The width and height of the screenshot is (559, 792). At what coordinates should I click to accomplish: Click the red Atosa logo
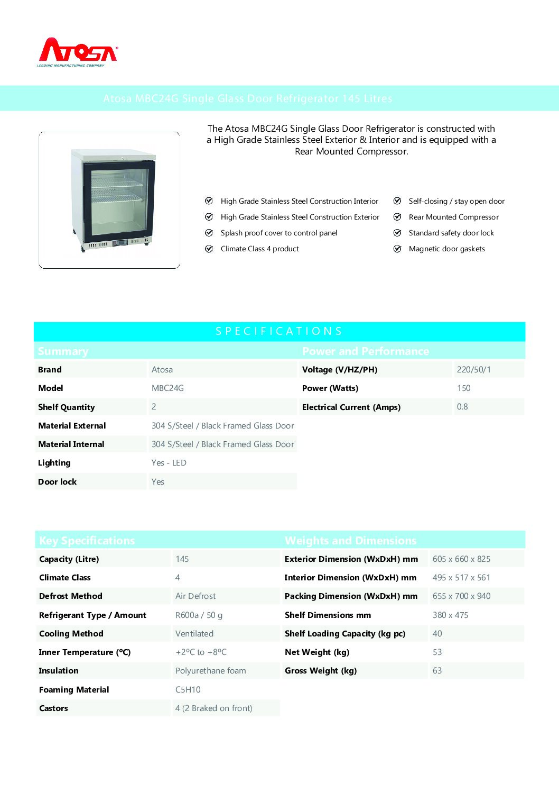coord(78,51)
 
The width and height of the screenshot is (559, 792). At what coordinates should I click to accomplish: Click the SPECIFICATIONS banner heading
coord(279,331)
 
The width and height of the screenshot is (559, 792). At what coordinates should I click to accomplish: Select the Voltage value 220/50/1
coord(473,370)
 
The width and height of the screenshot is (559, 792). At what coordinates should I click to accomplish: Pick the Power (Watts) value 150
coord(463,388)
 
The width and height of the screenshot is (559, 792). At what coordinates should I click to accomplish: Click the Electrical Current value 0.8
coord(462,407)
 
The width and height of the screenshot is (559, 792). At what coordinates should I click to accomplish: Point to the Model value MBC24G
coord(167,388)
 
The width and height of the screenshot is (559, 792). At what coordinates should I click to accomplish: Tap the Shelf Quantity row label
coord(67,407)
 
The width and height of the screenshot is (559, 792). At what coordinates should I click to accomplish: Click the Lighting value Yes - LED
coord(169,463)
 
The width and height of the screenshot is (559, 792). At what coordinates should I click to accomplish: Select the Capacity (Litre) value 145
coord(182,559)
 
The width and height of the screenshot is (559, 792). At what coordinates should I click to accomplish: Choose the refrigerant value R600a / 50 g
coord(199,615)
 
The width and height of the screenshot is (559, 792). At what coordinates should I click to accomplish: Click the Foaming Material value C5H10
coord(188,690)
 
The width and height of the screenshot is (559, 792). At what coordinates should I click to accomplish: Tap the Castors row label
coord(53,708)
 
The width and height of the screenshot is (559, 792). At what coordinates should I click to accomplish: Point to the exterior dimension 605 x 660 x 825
coord(461,559)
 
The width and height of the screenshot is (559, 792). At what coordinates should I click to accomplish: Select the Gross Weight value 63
coord(437,671)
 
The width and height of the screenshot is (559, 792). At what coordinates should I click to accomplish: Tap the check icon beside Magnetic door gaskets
coord(397,249)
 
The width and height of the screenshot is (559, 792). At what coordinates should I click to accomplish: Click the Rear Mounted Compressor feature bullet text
coord(453,217)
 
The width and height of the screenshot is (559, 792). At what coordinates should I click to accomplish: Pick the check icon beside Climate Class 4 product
coord(209,249)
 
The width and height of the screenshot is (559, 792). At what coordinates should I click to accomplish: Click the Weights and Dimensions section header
coord(350,541)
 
